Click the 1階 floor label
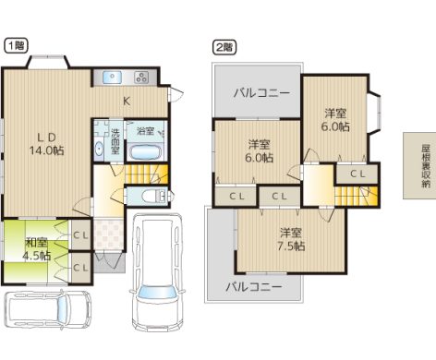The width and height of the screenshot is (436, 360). (16, 46)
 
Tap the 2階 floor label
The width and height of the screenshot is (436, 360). (224, 48)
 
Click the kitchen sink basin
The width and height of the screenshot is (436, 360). (112, 78)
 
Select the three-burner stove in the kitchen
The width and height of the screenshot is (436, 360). (141, 78)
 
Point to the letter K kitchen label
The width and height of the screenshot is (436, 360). (127, 101)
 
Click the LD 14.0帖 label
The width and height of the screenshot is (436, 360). (46, 144)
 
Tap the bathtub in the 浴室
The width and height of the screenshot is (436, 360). (146, 151)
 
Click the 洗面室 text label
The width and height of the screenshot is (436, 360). (115, 141)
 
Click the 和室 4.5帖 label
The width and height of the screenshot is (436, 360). (37, 249)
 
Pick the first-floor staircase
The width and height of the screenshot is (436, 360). (147, 174)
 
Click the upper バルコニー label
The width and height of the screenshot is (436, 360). (261, 92)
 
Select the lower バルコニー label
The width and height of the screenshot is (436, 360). (254, 287)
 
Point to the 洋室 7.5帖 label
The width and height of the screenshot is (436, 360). (291, 239)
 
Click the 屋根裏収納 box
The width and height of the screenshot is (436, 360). (419, 166)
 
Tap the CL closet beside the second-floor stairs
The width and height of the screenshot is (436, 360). (357, 174)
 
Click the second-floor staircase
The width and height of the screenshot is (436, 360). (357, 196)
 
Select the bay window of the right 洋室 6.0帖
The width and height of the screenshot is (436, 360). (375, 113)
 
